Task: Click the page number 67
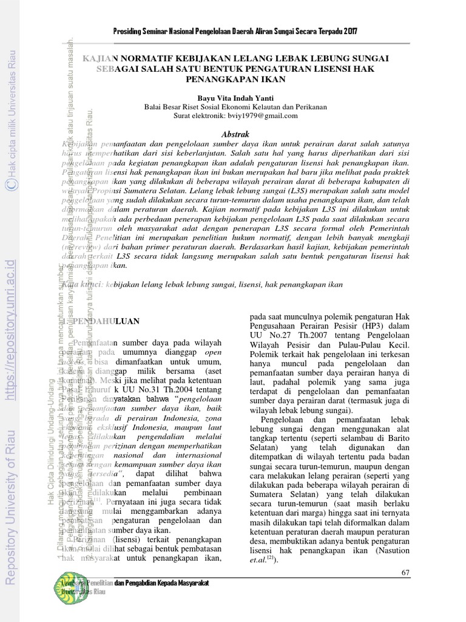click(406, 573)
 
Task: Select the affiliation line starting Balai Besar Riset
click(235, 107)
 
